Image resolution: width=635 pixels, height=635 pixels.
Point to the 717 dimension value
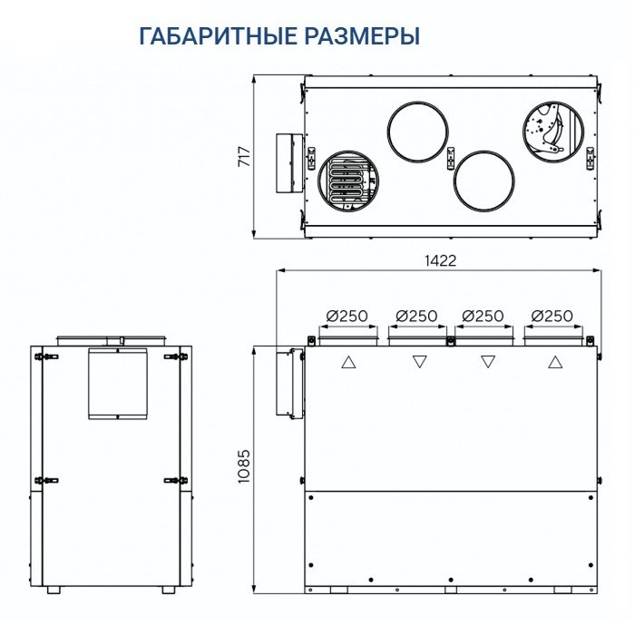pos(243,157)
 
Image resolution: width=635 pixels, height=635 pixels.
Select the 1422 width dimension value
pos(440,259)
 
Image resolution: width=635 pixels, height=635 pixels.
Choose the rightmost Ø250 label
pos(552,316)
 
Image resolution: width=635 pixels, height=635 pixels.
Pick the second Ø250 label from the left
pos(415,316)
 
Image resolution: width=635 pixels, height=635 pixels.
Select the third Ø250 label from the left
pos(483,316)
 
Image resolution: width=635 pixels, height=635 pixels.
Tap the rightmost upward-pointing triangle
pos(554,363)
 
